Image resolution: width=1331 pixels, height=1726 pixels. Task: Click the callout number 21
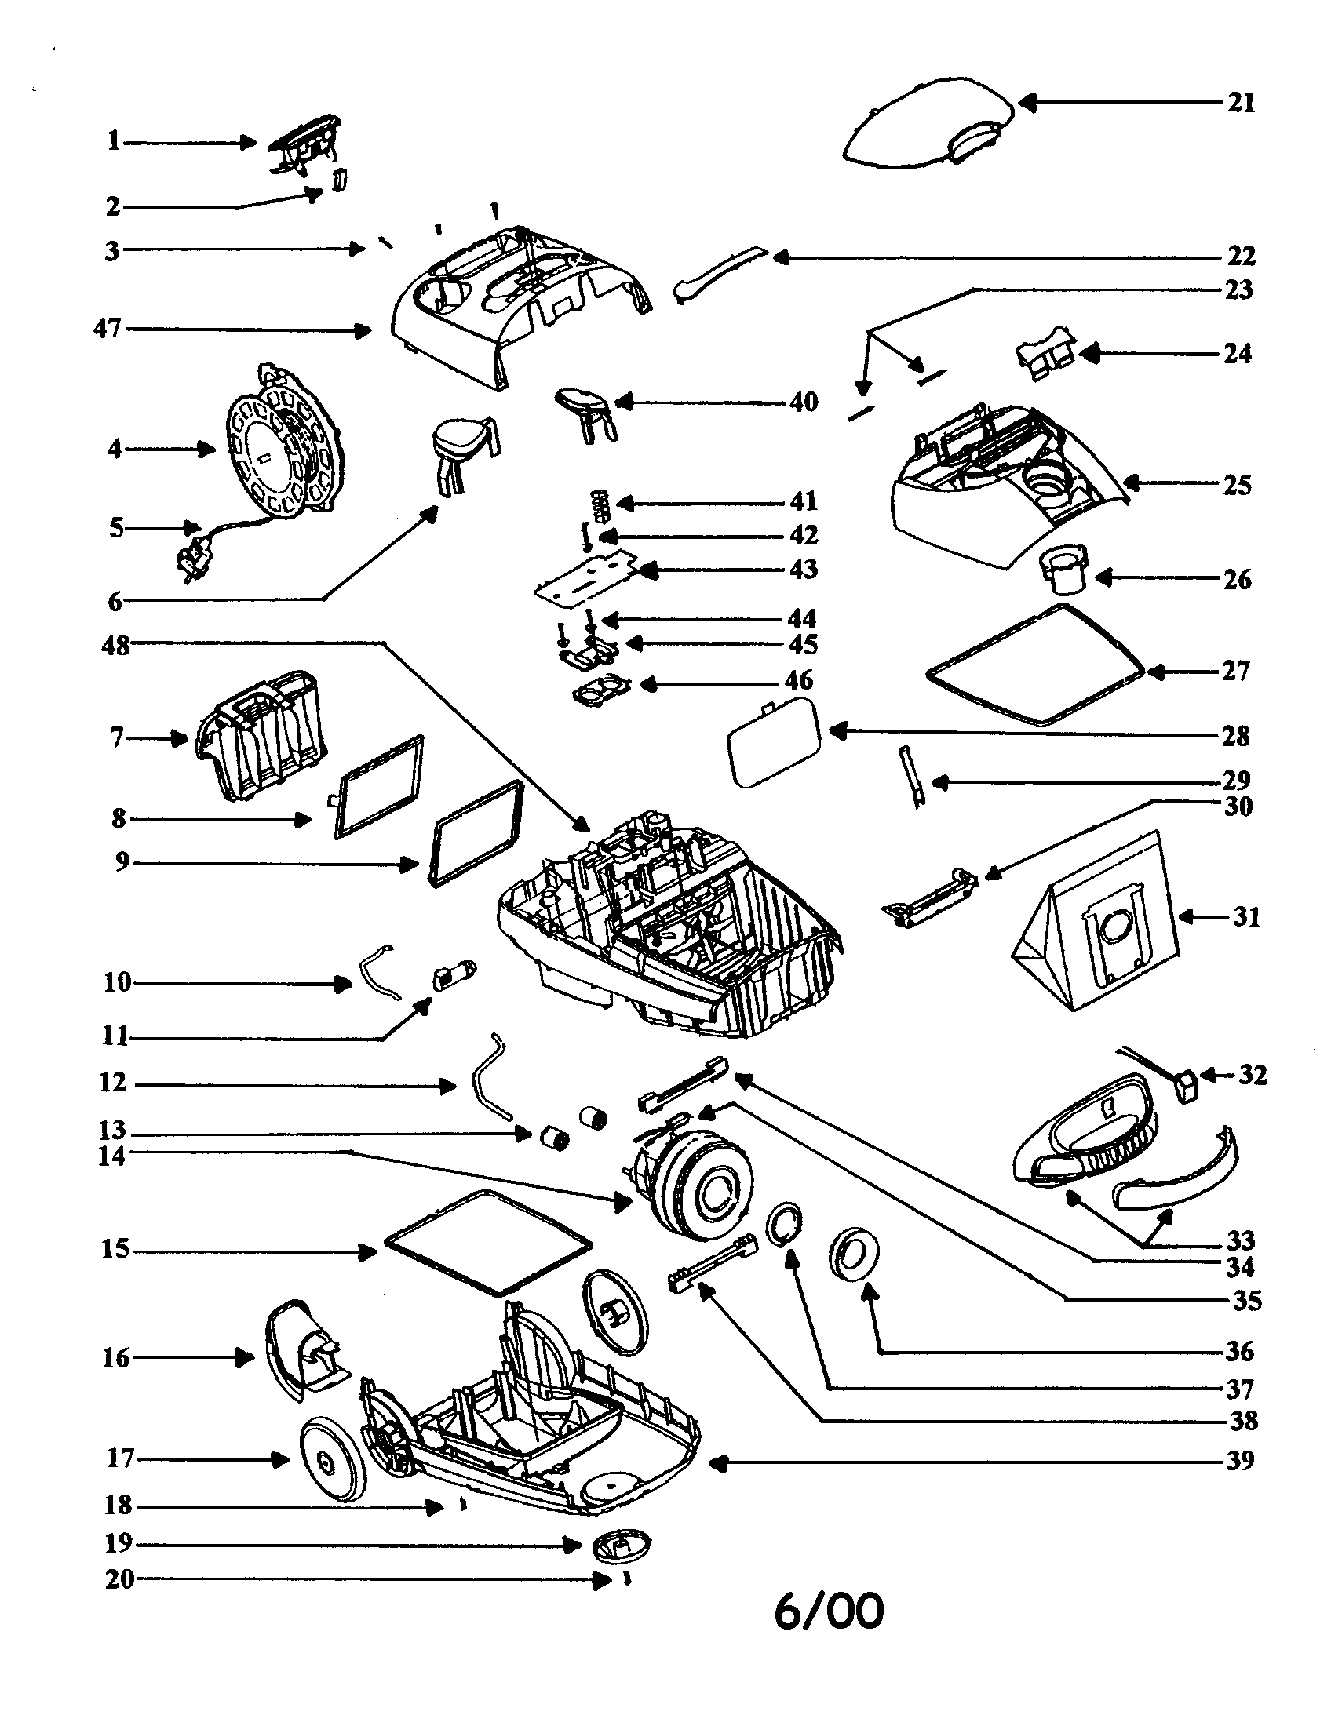click(1241, 103)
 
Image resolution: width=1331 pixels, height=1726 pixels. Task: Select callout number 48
click(115, 646)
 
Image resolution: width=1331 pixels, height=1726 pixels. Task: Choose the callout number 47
click(108, 328)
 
